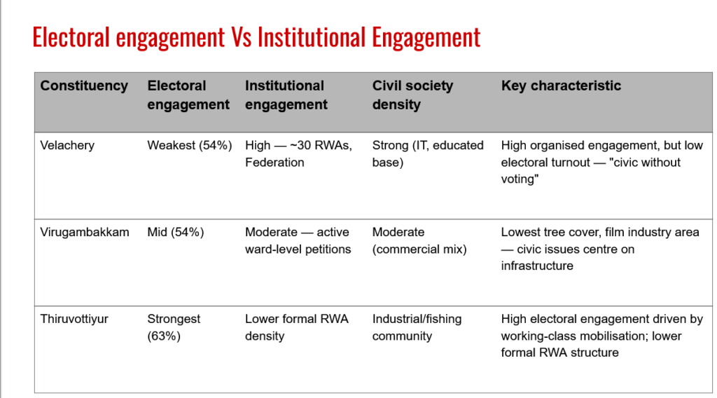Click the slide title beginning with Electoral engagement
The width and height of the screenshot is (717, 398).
point(256,38)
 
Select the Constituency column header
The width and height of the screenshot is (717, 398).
point(84,85)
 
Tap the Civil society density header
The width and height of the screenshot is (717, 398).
point(412,95)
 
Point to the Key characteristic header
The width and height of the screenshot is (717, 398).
point(561,85)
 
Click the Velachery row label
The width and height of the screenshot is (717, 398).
point(67,145)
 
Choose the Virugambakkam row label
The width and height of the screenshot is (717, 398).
point(85,232)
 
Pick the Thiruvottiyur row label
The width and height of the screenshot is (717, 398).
point(74,319)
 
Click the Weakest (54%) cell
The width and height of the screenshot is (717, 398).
point(190,145)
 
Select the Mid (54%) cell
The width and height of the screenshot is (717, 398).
point(176,232)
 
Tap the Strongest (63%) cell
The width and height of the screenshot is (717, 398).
point(174,327)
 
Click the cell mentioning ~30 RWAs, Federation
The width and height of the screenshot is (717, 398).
point(298,153)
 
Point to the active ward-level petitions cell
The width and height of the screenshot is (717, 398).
point(298,240)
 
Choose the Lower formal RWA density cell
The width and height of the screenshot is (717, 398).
point(297,327)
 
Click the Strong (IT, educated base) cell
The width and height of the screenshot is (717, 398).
point(428,153)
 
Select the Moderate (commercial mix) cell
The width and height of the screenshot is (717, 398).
point(419,240)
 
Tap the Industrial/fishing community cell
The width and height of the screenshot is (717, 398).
point(417,327)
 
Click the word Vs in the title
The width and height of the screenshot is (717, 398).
point(241,38)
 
